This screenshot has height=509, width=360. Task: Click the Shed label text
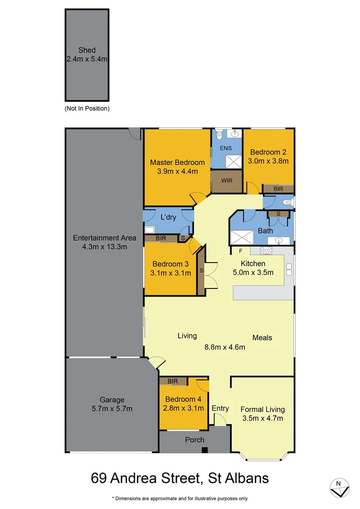pos(87,50)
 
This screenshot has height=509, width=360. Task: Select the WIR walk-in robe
pos(226,181)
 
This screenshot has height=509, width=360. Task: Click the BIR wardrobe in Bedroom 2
pos(278,189)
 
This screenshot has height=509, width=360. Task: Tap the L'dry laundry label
pos(168,218)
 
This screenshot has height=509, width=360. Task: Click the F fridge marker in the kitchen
pos(240,250)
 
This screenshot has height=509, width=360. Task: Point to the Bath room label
pos(265,231)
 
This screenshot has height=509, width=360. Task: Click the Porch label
pos(195,440)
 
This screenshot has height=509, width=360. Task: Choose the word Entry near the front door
pos(220,408)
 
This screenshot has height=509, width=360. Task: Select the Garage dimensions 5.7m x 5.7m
pos(112,409)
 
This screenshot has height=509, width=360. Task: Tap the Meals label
pos(262,337)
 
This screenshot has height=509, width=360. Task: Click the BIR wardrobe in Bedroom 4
pos(172,381)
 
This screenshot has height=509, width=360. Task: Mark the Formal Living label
pos(262,409)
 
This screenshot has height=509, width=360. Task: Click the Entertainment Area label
pos(105,238)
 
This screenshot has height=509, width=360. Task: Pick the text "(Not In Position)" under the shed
pos(87,108)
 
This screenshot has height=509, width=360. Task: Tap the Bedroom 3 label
pos(170,264)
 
